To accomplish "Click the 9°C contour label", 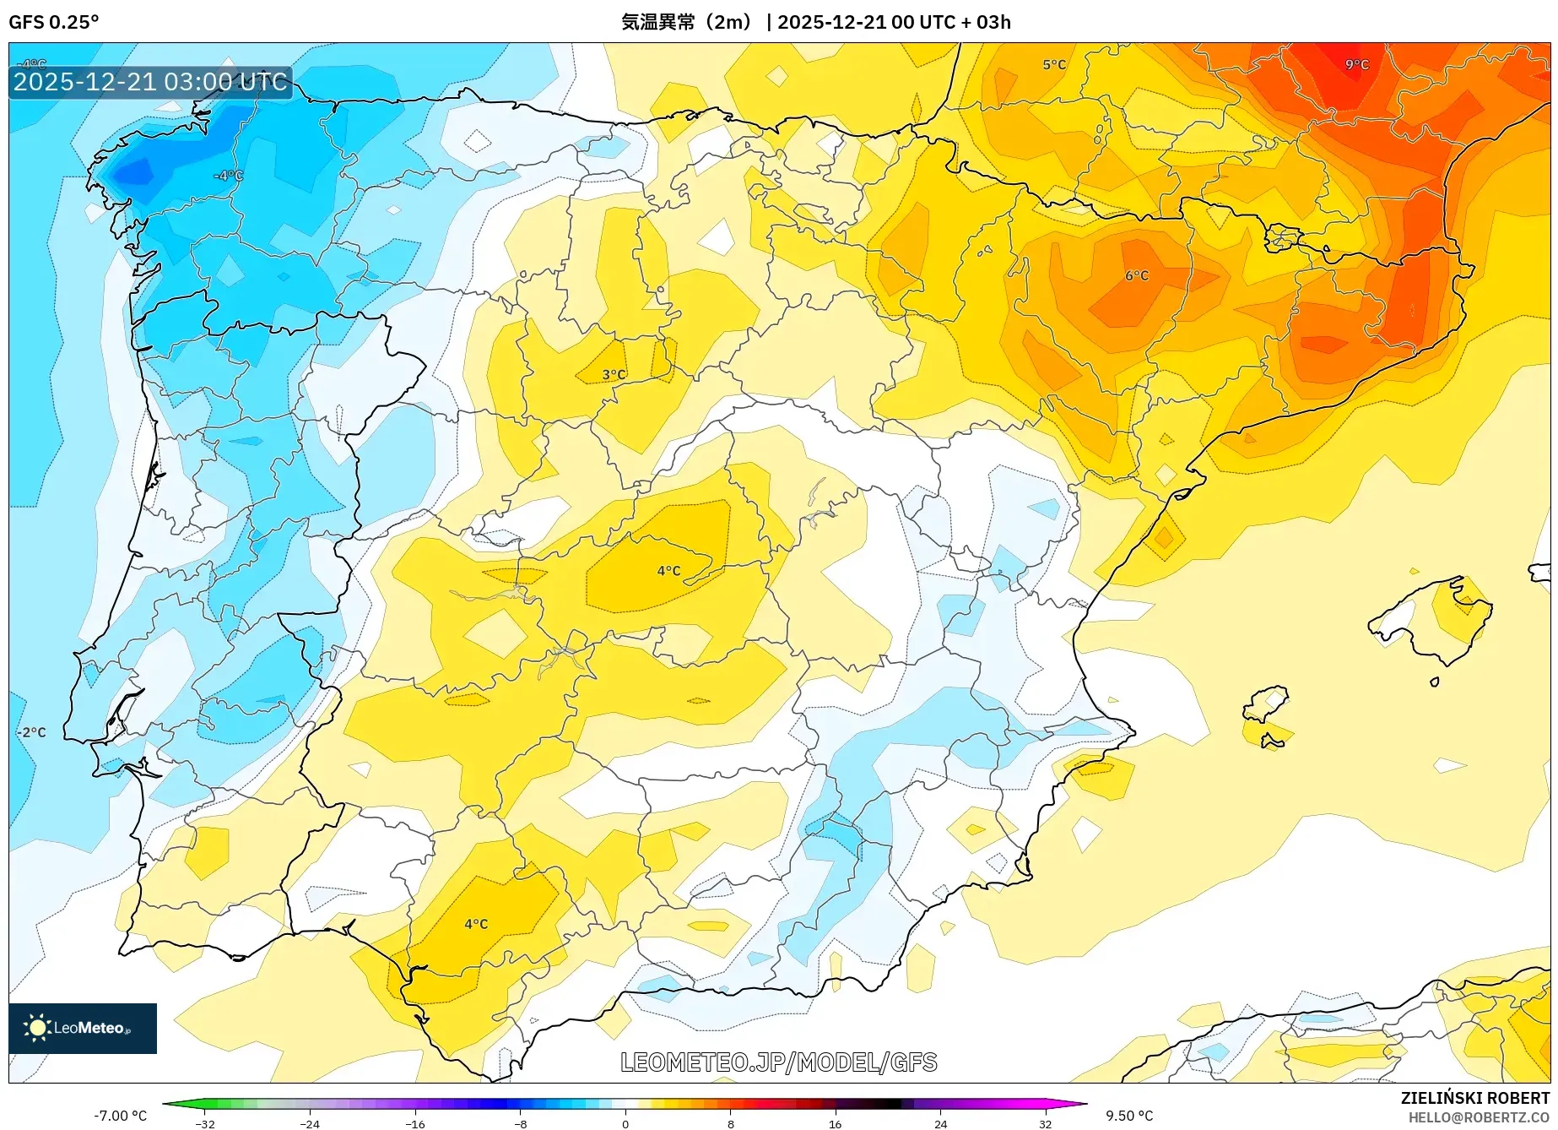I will click(1356, 64).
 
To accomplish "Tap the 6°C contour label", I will click(1137, 275).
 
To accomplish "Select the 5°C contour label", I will click(1054, 64).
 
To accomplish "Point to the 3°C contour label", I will click(614, 374).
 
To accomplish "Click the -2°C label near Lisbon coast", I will click(32, 732).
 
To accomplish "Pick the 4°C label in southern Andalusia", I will click(476, 924).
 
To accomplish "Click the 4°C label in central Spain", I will click(668, 571).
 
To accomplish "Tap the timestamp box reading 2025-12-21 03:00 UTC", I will click(150, 82).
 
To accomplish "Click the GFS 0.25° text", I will click(53, 22).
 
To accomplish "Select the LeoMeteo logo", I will click(82, 1028).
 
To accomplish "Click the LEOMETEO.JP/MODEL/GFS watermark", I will click(778, 1062).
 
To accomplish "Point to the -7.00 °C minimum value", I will click(120, 1116).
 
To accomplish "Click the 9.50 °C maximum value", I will click(1129, 1116).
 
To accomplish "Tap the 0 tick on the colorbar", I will click(625, 1124).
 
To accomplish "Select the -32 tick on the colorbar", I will click(205, 1124).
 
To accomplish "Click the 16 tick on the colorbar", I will click(835, 1124).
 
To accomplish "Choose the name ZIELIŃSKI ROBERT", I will click(1474, 1099).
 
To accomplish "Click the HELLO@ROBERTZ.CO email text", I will click(1478, 1117).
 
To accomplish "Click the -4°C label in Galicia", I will click(228, 176).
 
